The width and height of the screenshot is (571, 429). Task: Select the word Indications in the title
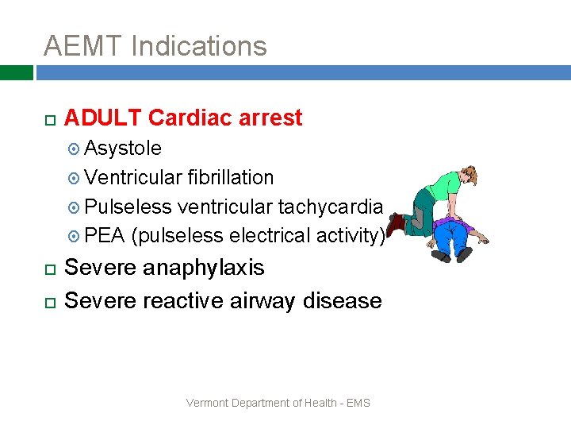coord(199,46)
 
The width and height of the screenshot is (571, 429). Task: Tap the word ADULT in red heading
coord(103,118)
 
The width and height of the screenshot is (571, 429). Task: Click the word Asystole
coord(123,149)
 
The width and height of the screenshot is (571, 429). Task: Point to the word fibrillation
coord(231,178)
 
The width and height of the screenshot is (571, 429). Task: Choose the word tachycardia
coord(331,207)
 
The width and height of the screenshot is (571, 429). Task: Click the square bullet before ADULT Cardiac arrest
coord(48,120)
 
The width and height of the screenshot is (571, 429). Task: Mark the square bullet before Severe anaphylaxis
coord(48,270)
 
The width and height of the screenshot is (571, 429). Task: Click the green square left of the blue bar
coord(16,73)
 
